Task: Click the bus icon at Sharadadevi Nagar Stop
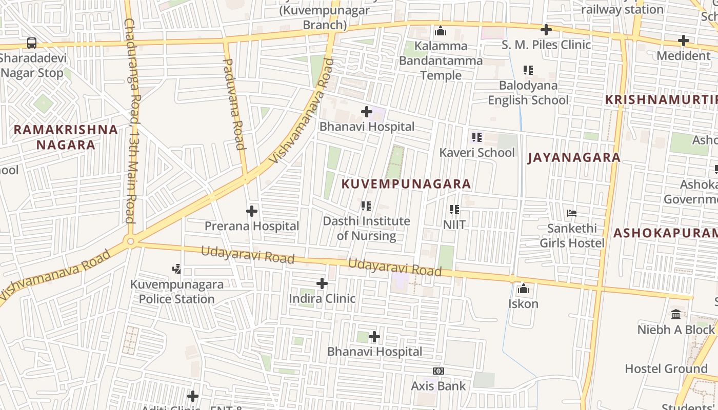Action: (x=32, y=43)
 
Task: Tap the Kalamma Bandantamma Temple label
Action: (x=441, y=60)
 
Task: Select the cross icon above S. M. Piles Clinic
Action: (x=546, y=30)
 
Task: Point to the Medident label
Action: (x=683, y=55)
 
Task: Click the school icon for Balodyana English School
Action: (x=528, y=70)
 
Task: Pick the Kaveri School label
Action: (x=476, y=152)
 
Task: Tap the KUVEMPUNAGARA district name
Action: (x=406, y=184)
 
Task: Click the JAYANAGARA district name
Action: (x=574, y=157)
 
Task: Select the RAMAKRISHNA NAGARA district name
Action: (x=66, y=137)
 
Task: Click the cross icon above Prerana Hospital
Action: (x=252, y=211)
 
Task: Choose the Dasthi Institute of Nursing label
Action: (x=366, y=228)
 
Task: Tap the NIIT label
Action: (x=454, y=224)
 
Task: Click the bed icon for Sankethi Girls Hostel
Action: (x=572, y=213)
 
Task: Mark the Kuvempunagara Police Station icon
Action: (x=177, y=269)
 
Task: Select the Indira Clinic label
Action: (x=322, y=298)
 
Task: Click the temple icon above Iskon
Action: (x=524, y=289)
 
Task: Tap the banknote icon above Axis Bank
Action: (x=438, y=371)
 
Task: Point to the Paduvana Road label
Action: (x=234, y=104)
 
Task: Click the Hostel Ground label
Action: (x=666, y=368)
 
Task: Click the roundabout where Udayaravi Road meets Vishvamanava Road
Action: (x=131, y=241)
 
